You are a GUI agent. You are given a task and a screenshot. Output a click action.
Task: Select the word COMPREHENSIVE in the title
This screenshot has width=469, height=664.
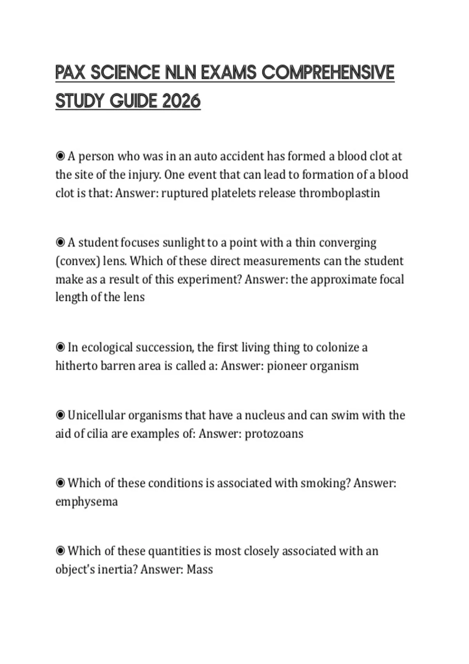click(x=328, y=73)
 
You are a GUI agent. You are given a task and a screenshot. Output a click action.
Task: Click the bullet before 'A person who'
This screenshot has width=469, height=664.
click(x=60, y=156)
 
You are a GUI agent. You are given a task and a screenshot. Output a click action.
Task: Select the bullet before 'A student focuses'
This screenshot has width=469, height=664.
click(x=60, y=243)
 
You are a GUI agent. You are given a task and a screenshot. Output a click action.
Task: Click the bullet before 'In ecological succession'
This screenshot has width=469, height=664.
click(x=60, y=347)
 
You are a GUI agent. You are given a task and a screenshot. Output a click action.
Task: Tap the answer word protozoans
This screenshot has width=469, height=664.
click(x=274, y=434)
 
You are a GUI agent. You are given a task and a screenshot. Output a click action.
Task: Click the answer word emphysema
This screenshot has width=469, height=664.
click(x=86, y=502)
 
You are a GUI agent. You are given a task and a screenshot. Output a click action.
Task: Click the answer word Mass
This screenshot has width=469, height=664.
click(x=199, y=569)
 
